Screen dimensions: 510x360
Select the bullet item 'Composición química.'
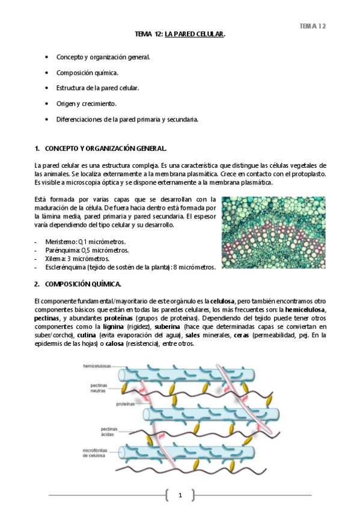tap(87, 73)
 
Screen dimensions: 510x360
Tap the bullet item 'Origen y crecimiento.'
tap(87, 103)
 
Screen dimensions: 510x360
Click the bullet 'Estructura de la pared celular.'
tap(97, 88)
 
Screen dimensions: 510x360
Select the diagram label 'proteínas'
tap(126, 404)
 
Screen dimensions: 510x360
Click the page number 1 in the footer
tap(180, 495)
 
